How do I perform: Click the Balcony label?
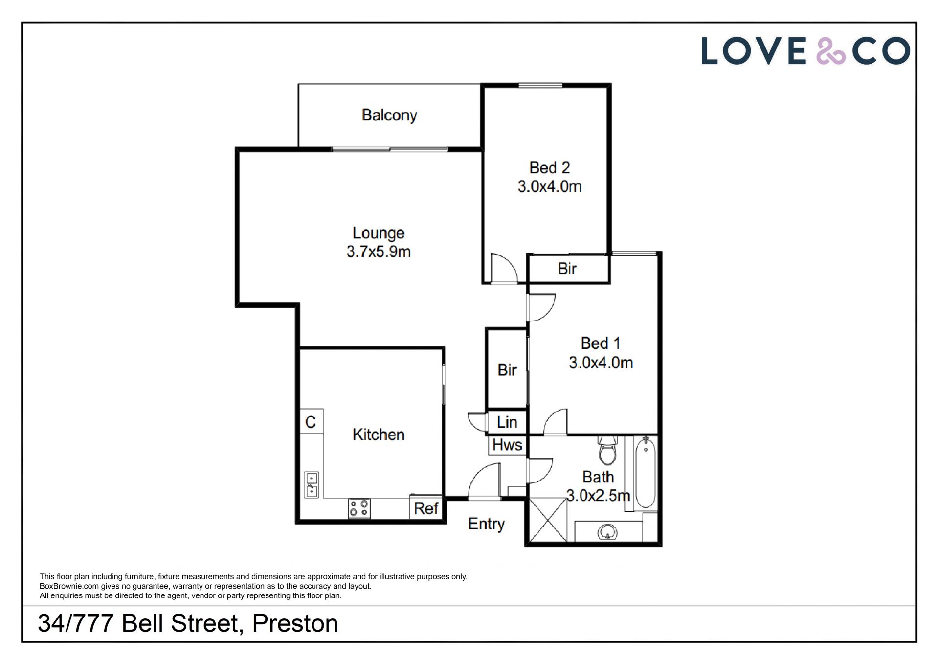click(389, 115)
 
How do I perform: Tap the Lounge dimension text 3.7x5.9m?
click(379, 252)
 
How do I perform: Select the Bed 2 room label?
click(550, 168)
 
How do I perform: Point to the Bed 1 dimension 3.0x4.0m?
click(601, 363)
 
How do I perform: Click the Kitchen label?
click(379, 435)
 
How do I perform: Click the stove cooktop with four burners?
click(359, 508)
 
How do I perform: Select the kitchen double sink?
click(312, 484)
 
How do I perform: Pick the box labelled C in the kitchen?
click(311, 422)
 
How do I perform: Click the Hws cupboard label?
click(507, 445)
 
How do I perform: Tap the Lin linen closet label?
click(507, 422)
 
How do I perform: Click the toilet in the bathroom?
click(608, 451)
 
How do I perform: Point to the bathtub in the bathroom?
click(646, 473)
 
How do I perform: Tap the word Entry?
click(486, 524)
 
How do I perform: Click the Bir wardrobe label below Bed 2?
click(567, 269)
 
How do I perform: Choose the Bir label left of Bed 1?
click(507, 370)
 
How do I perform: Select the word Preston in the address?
click(295, 623)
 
